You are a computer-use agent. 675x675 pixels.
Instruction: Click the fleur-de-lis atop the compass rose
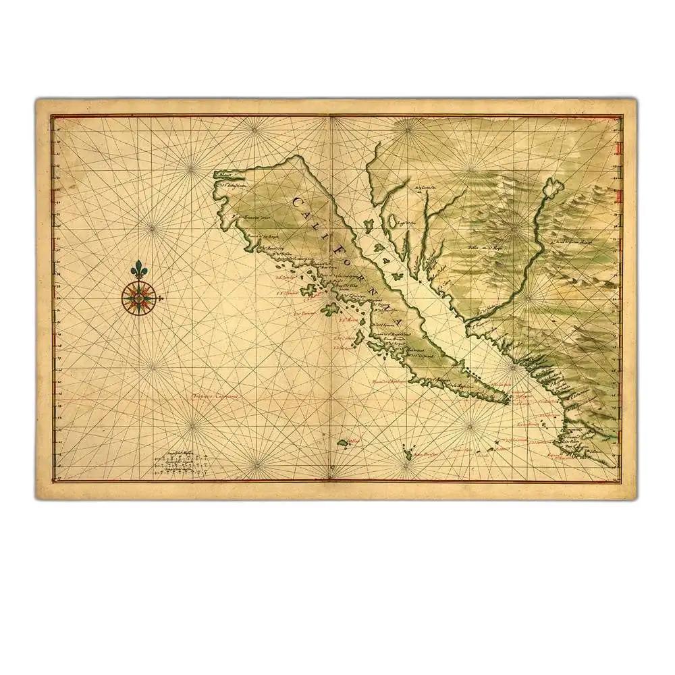[x=139, y=269]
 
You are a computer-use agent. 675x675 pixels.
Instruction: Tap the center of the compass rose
[x=139, y=297]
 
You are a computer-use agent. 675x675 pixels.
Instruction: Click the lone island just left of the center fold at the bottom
[x=343, y=443]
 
